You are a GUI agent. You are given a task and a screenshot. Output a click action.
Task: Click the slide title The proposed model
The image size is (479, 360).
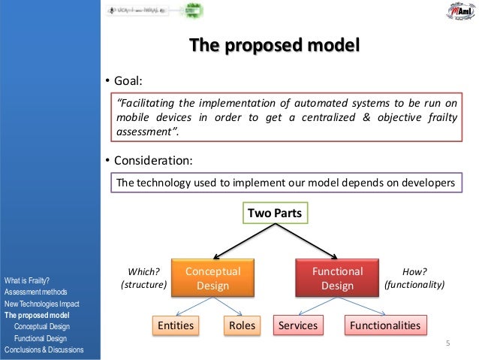(x=274, y=47)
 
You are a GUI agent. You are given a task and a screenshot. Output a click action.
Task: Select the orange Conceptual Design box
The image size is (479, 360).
(x=212, y=278)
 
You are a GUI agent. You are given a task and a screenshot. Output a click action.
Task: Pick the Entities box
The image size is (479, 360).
(x=174, y=325)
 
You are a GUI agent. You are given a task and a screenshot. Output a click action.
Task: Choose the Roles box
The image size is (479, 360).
(x=240, y=325)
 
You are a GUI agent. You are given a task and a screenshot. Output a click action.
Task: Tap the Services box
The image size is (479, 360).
(x=298, y=325)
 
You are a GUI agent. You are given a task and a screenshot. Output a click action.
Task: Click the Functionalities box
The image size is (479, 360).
(x=385, y=325)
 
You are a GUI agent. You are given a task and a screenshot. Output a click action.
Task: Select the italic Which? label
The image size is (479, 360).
(x=143, y=272)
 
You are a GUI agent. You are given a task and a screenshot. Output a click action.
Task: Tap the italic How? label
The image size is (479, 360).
(x=414, y=272)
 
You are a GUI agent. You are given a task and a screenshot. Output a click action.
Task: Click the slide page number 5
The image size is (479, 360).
(x=447, y=344)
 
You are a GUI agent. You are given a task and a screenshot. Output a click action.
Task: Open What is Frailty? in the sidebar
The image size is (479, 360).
(x=27, y=281)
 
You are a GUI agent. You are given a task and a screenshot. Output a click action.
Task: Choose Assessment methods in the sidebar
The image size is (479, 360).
(x=36, y=292)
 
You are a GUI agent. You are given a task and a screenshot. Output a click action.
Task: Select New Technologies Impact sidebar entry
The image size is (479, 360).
(x=42, y=303)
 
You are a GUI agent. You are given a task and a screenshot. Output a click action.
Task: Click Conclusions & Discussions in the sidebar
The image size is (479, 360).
(x=44, y=350)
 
